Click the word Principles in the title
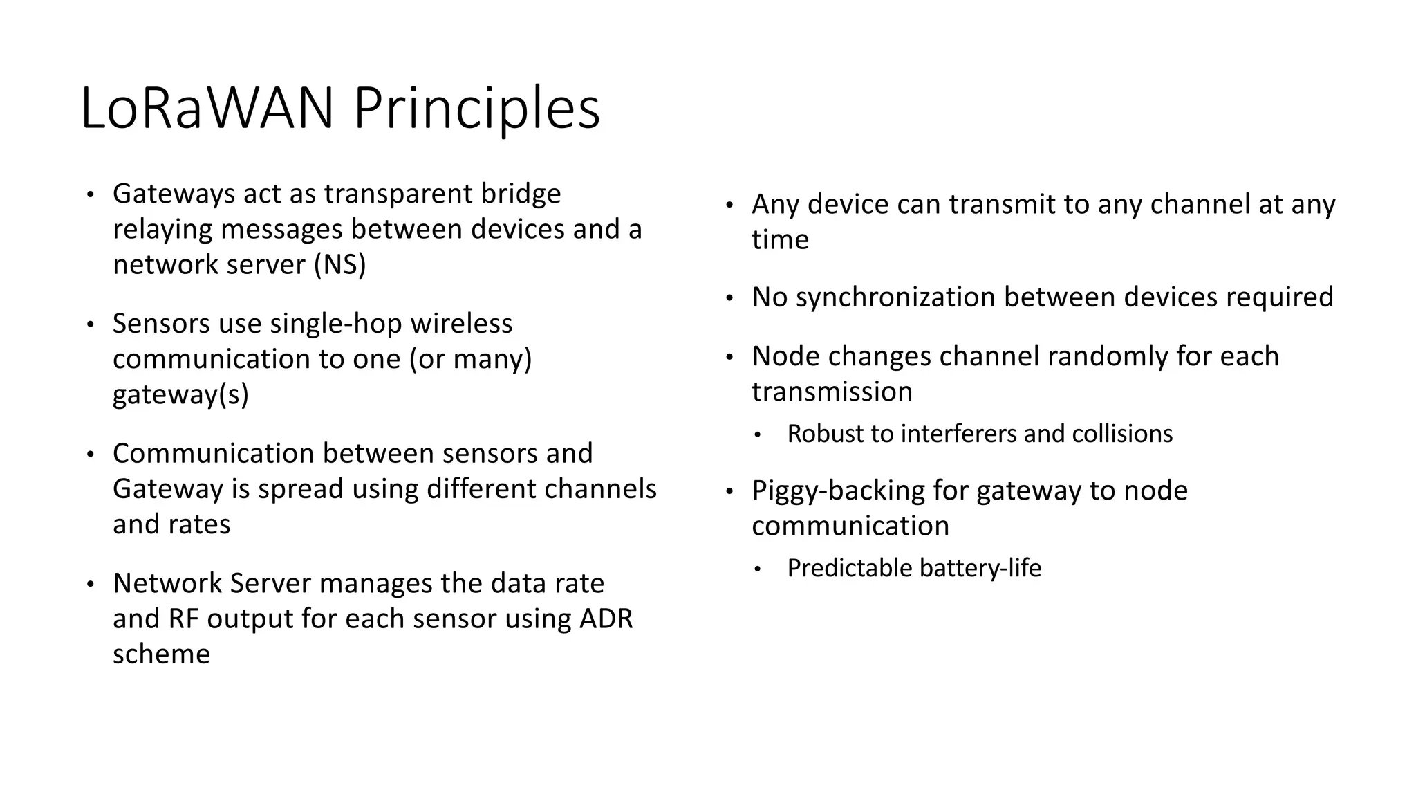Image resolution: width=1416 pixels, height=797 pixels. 477,109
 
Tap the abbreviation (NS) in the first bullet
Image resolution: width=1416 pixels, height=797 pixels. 339,265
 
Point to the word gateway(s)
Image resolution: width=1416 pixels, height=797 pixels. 180,394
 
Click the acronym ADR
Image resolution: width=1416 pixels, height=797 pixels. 606,619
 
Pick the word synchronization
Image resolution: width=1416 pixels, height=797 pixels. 895,297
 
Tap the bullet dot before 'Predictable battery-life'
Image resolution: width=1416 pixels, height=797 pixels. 758,569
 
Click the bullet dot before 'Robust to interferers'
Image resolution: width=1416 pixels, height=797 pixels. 758,435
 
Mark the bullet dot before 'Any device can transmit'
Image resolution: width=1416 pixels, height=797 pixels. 729,205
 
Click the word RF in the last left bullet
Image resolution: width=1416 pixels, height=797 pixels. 185,619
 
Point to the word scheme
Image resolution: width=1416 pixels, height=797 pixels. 161,654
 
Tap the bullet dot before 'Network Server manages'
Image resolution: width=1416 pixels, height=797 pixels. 90,585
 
